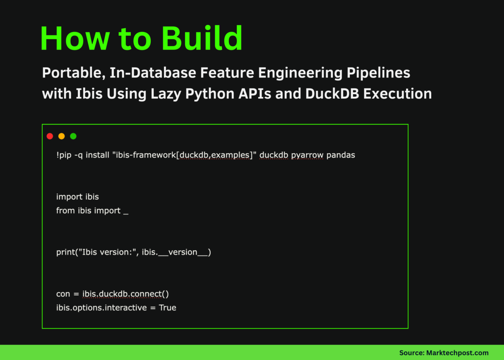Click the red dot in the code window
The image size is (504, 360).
click(50, 136)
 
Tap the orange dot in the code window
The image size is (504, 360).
click(62, 136)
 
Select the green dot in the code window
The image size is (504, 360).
click(73, 136)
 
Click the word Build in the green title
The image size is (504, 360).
click(202, 39)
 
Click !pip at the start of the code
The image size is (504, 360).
click(64, 155)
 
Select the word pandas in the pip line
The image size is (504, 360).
click(341, 155)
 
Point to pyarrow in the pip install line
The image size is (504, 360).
click(307, 155)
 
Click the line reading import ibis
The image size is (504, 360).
click(78, 197)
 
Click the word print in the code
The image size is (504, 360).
click(65, 252)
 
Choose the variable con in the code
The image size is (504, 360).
click(63, 294)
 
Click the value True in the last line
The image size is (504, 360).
click(168, 308)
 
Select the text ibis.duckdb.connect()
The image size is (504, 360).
click(125, 294)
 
